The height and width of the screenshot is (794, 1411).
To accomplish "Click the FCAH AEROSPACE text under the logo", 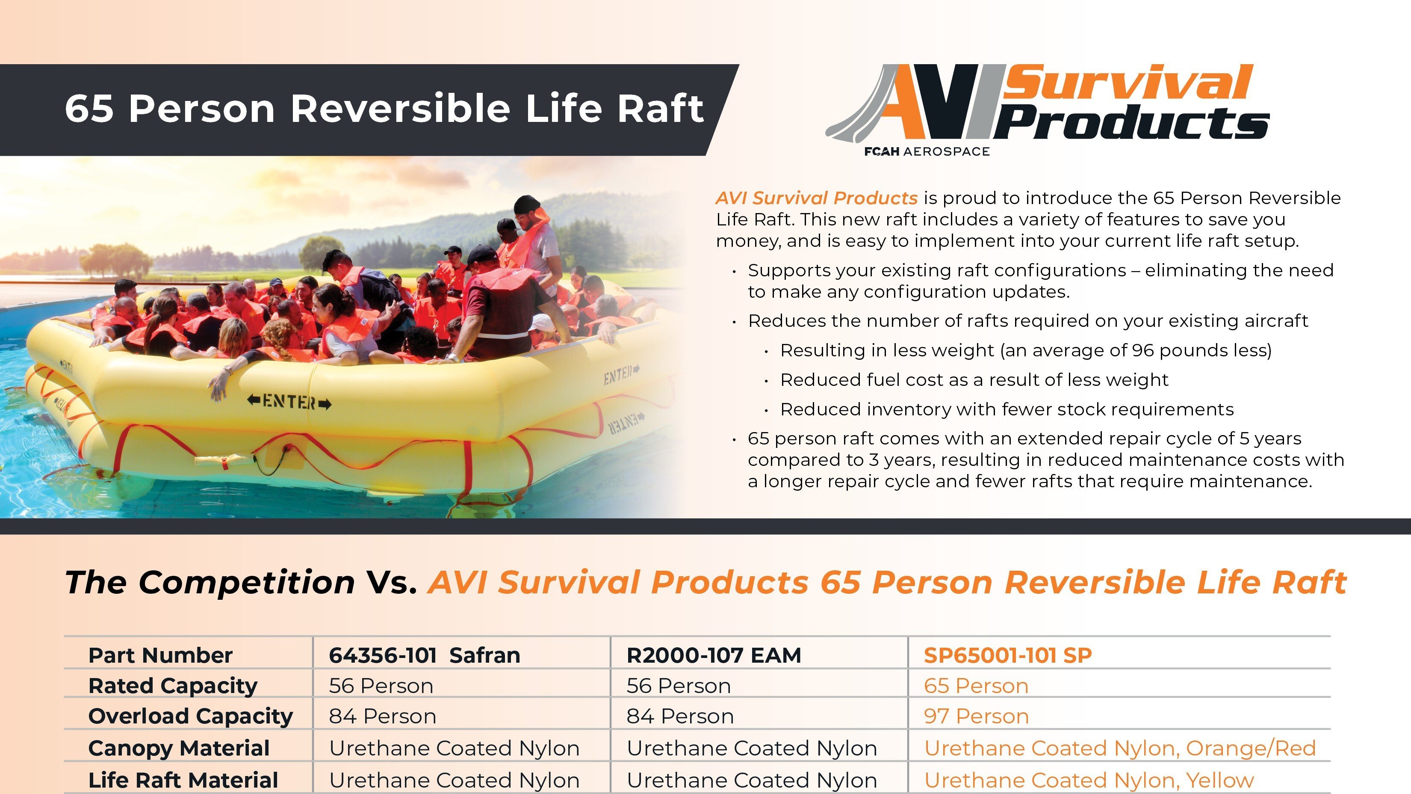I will click(x=927, y=152).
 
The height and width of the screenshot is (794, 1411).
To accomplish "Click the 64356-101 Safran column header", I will click(x=424, y=655).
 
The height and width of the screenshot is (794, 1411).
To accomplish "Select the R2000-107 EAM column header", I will click(x=713, y=655).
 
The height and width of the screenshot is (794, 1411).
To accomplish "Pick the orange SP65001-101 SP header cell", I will click(x=1007, y=655).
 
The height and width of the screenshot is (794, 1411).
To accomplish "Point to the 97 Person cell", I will click(x=976, y=717).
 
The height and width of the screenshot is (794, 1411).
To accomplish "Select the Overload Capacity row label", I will click(x=190, y=717).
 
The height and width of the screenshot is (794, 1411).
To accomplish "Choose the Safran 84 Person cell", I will click(x=382, y=717).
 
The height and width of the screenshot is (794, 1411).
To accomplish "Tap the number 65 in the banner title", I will click(x=89, y=109).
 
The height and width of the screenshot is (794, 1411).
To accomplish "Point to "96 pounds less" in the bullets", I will click(x=1200, y=350).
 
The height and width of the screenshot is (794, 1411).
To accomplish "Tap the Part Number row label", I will click(x=160, y=655).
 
